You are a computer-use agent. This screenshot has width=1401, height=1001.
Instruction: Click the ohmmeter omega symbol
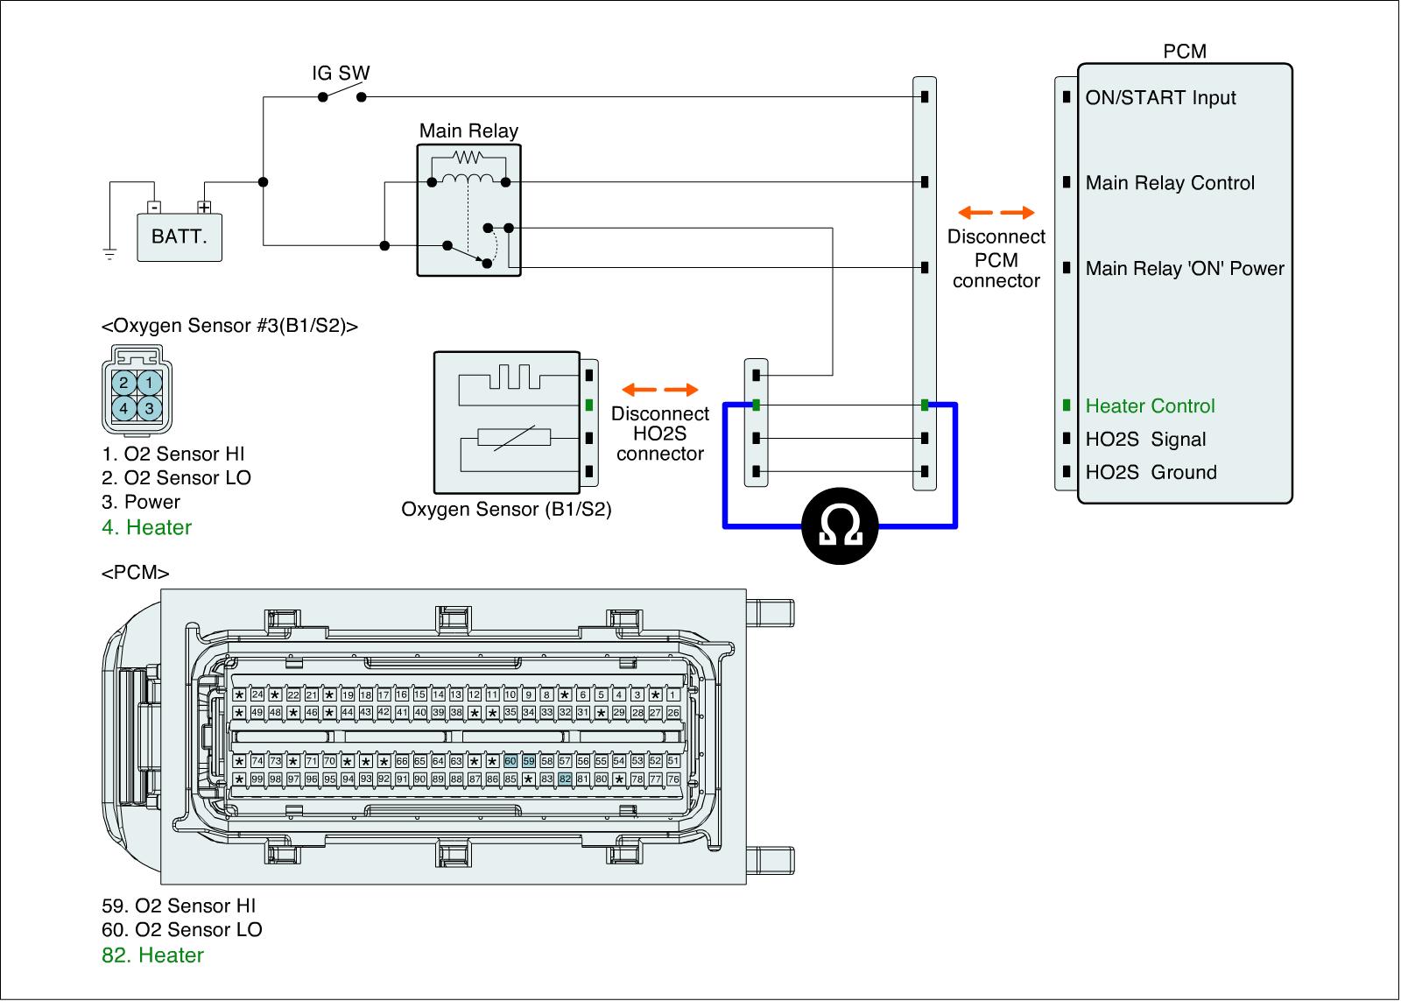point(840,525)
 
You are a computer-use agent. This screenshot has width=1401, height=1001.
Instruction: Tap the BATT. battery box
point(180,236)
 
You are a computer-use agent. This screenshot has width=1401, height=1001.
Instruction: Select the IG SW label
point(341,73)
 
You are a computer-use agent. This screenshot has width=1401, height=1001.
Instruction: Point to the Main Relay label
point(468,131)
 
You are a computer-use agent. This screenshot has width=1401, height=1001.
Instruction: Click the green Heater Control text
point(1150,406)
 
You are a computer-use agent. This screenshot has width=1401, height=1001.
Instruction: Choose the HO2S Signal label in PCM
point(1145,440)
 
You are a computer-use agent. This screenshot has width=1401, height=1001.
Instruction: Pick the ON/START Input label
point(1160,98)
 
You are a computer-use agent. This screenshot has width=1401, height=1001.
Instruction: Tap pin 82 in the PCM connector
point(565,779)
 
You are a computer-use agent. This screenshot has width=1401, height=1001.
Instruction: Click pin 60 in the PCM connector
point(510,761)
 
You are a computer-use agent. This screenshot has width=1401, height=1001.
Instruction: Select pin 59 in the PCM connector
point(528,761)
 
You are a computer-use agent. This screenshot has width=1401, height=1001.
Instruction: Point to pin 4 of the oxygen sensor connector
point(124,408)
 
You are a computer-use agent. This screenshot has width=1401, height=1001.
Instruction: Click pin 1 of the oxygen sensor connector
point(150,383)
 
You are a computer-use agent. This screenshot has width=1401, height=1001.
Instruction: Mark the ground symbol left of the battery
point(109,255)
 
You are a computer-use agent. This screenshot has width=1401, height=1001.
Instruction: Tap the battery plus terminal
point(204,208)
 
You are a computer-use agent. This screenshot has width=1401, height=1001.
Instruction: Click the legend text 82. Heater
point(153,955)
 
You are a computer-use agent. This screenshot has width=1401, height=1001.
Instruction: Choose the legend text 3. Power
point(141,503)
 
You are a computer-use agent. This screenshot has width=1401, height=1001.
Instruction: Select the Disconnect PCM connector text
point(996,259)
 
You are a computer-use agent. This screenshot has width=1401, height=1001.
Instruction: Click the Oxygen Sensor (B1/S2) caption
point(506,510)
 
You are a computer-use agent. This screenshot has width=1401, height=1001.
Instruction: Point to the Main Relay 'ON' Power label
point(1184,269)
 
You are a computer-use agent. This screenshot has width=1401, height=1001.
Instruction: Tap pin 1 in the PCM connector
point(672,695)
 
